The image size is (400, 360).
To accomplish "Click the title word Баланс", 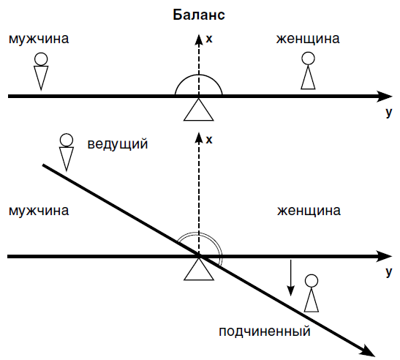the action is (199, 15).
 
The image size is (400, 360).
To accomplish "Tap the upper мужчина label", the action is (39, 39).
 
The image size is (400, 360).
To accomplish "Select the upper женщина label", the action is (308, 39).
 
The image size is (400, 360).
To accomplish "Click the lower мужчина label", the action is (39, 211).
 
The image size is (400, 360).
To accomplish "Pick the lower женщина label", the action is (309, 211).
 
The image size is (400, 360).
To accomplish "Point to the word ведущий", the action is (118, 143).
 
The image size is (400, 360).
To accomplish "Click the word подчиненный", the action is (265, 331).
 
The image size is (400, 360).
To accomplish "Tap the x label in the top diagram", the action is (209, 39).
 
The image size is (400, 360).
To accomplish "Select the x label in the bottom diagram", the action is (209, 140).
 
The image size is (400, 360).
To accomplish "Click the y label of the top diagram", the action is (388, 113).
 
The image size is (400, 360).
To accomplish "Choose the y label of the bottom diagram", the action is (388, 272).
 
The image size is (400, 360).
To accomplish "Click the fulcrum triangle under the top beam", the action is (198, 110).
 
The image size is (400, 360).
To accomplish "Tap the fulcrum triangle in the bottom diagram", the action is (199, 269).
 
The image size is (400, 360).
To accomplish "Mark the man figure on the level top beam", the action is (41, 72).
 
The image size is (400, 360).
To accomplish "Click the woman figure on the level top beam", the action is (308, 71).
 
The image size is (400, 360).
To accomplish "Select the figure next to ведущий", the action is (67, 152).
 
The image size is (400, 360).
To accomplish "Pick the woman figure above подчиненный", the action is (312, 293).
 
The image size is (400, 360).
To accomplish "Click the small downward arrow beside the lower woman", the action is (290, 278).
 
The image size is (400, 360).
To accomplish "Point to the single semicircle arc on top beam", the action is (198, 75).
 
